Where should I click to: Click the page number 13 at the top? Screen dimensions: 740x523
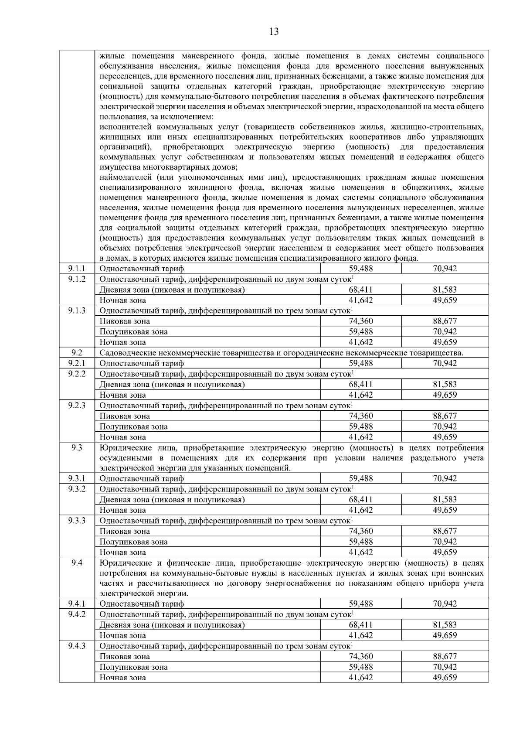[x=274, y=31]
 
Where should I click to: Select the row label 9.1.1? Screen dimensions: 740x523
[x=77, y=269]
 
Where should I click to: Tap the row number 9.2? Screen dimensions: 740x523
[x=77, y=353]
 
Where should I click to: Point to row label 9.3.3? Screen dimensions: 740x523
[x=77, y=520]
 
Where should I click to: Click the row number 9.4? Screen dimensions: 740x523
[x=77, y=563]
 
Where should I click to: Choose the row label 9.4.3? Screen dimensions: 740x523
[x=77, y=646]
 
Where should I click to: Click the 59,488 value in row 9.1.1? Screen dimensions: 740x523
[x=360, y=269]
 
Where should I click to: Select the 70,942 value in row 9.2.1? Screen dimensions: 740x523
[x=445, y=363]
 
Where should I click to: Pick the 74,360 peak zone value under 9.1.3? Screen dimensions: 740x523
[x=360, y=321]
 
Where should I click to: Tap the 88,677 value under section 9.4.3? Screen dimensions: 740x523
[x=445, y=657]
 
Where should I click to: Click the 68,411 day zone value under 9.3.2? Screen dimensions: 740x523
[x=360, y=500]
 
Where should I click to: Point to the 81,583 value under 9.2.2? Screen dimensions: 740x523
[x=445, y=384]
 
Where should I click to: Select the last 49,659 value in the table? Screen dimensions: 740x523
[x=445, y=678]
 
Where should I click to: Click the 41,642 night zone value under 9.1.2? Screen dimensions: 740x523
[x=360, y=300]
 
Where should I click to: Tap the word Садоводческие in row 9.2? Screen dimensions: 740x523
[x=124, y=353]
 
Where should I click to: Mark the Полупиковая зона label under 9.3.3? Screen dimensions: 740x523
[x=133, y=542]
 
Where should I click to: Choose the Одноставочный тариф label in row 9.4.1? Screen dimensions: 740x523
[x=142, y=604]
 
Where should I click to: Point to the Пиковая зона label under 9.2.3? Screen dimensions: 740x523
[x=125, y=416]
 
